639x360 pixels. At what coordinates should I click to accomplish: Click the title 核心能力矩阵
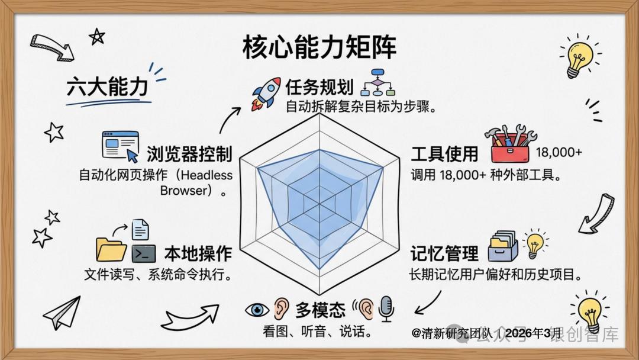(319, 48)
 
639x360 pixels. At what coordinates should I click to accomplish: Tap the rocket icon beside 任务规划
(266, 94)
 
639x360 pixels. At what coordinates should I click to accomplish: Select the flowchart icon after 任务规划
(377, 82)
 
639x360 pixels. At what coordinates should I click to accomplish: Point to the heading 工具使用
(444, 154)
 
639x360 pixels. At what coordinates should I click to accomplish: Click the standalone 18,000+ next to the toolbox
(559, 153)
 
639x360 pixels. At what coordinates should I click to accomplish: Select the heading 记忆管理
(444, 253)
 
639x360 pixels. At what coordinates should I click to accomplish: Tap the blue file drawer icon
(503, 246)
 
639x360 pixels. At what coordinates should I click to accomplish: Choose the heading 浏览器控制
(189, 154)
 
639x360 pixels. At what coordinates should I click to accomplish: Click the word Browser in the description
(184, 191)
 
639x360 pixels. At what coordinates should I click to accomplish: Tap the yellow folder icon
(111, 249)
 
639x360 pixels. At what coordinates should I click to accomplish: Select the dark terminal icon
(144, 253)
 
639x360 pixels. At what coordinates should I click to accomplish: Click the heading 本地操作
(198, 253)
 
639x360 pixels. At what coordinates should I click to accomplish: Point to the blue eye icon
(257, 310)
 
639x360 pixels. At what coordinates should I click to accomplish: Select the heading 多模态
(320, 310)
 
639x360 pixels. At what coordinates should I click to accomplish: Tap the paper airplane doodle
(62, 313)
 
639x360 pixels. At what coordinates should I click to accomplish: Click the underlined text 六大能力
(107, 87)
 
